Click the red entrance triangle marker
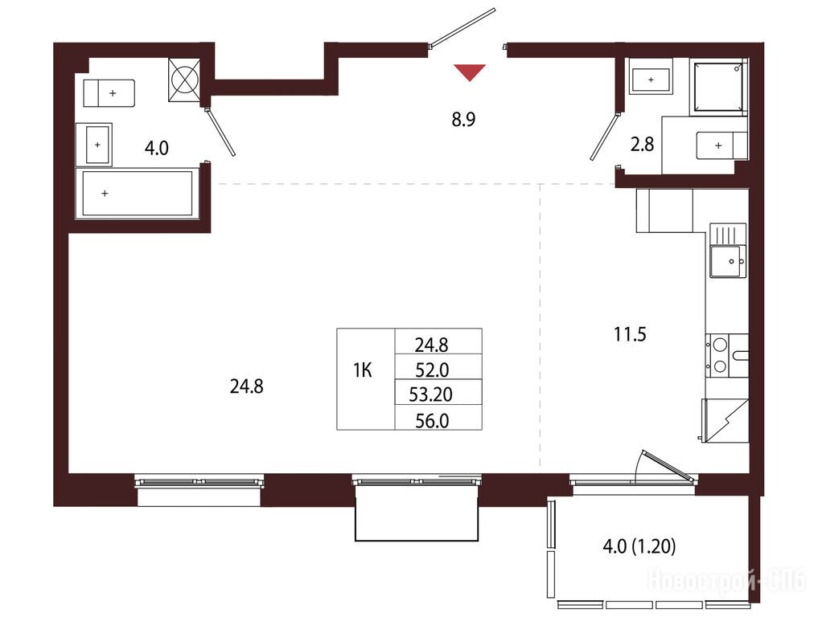(470, 72)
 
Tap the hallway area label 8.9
(463, 120)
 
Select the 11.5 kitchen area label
(630, 334)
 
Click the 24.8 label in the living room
(246, 386)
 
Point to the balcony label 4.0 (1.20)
(639, 546)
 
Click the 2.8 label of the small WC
(642, 144)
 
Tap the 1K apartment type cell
(363, 370)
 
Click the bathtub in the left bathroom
(138, 193)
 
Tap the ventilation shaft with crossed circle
(184, 80)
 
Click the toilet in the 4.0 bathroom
(109, 93)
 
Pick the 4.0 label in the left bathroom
(157, 148)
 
